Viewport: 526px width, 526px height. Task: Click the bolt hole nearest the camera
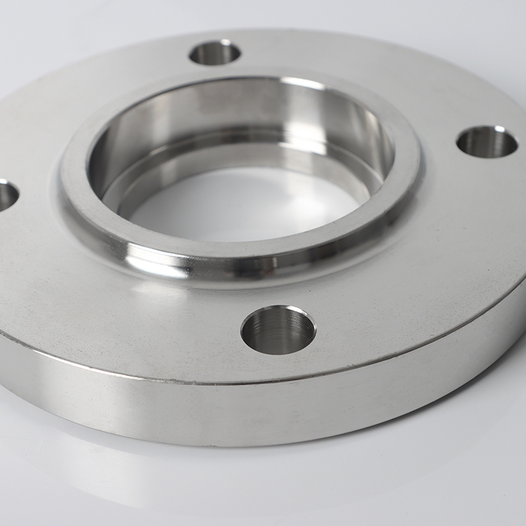click(278, 330)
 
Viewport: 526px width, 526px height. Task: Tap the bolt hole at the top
click(215, 53)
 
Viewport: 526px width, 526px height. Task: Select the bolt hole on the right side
click(487, 142)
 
